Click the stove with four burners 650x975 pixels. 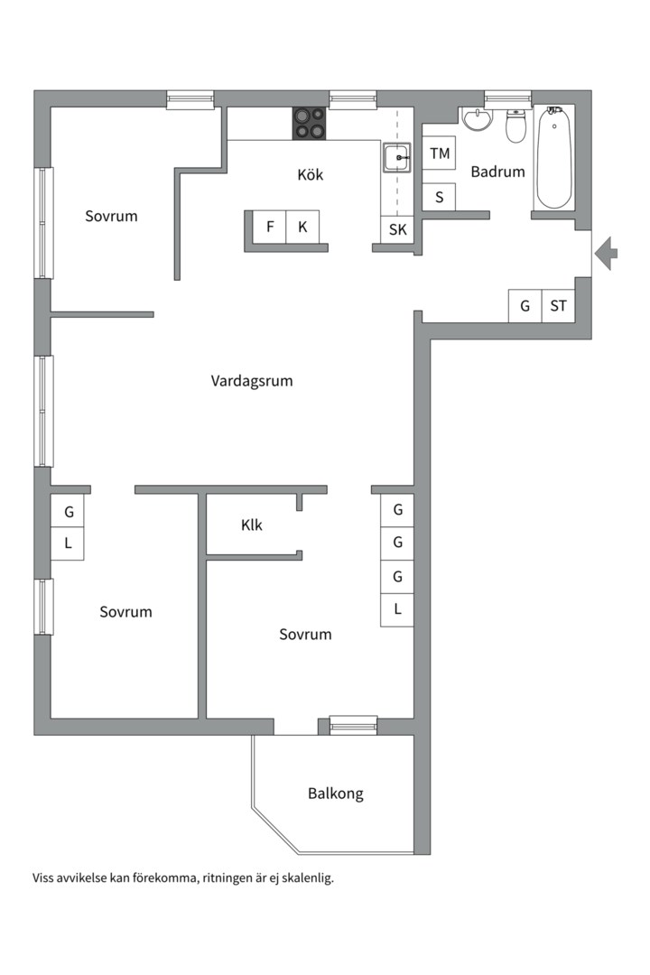(309, 124)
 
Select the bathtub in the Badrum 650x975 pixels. (553, 158)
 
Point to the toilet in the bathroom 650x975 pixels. (515, 127)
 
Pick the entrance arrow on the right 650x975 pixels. (608, 252)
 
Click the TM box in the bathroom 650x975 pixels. (439, 153)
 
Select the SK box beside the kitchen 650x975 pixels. (397, 230)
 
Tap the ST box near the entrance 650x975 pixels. (558, 306)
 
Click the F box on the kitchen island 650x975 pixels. (269, 227)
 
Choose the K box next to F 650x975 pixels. (302, 227)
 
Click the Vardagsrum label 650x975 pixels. (252, 381)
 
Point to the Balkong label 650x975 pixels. (335, 794)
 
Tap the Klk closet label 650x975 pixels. (251, 525)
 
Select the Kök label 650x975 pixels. (310, 174)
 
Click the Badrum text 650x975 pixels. (497, 172)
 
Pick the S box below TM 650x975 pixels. (439, 196)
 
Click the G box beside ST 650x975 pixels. (525, 306)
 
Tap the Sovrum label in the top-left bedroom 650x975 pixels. (111, 216)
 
